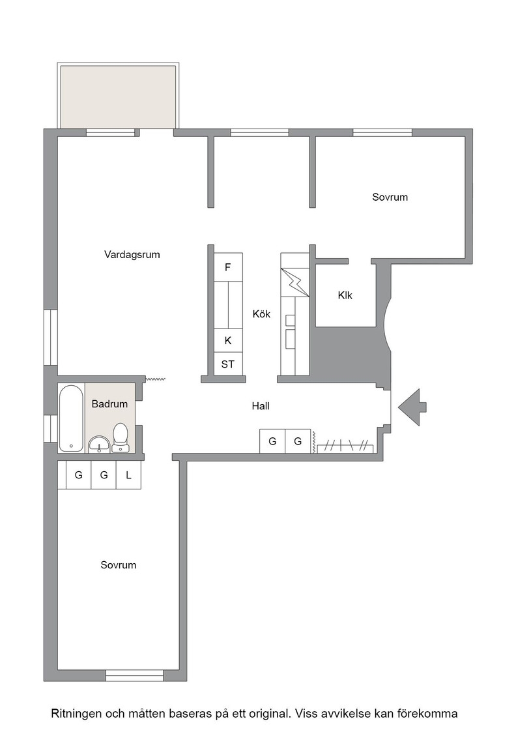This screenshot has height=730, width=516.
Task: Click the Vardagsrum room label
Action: [x=132, y=255]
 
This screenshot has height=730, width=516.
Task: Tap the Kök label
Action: [x=261, y=314]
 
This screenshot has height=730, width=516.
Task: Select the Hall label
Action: [x=261, y=406]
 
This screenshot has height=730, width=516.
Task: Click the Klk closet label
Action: [x=345, y=295]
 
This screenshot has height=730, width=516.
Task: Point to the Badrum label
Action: [x=109, y=403]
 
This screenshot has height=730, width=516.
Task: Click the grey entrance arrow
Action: [x=412, y=407]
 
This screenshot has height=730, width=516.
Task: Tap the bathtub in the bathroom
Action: [x=71, y=418]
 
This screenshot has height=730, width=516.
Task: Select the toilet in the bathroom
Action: [x=121, y=437]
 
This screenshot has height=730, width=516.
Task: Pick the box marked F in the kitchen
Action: [x=228, y=267]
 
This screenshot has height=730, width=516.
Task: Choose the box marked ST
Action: [x=228, y=364]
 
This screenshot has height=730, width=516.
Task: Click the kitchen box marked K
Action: [x=228, y=340]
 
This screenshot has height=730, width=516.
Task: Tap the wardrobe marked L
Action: [x=128, y=475]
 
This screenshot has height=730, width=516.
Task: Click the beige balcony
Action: [x=118, y=97]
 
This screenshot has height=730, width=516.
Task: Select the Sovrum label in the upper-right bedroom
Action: [x=390, y=197]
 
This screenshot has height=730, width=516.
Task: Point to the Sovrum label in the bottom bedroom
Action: [x=118, y=564]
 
